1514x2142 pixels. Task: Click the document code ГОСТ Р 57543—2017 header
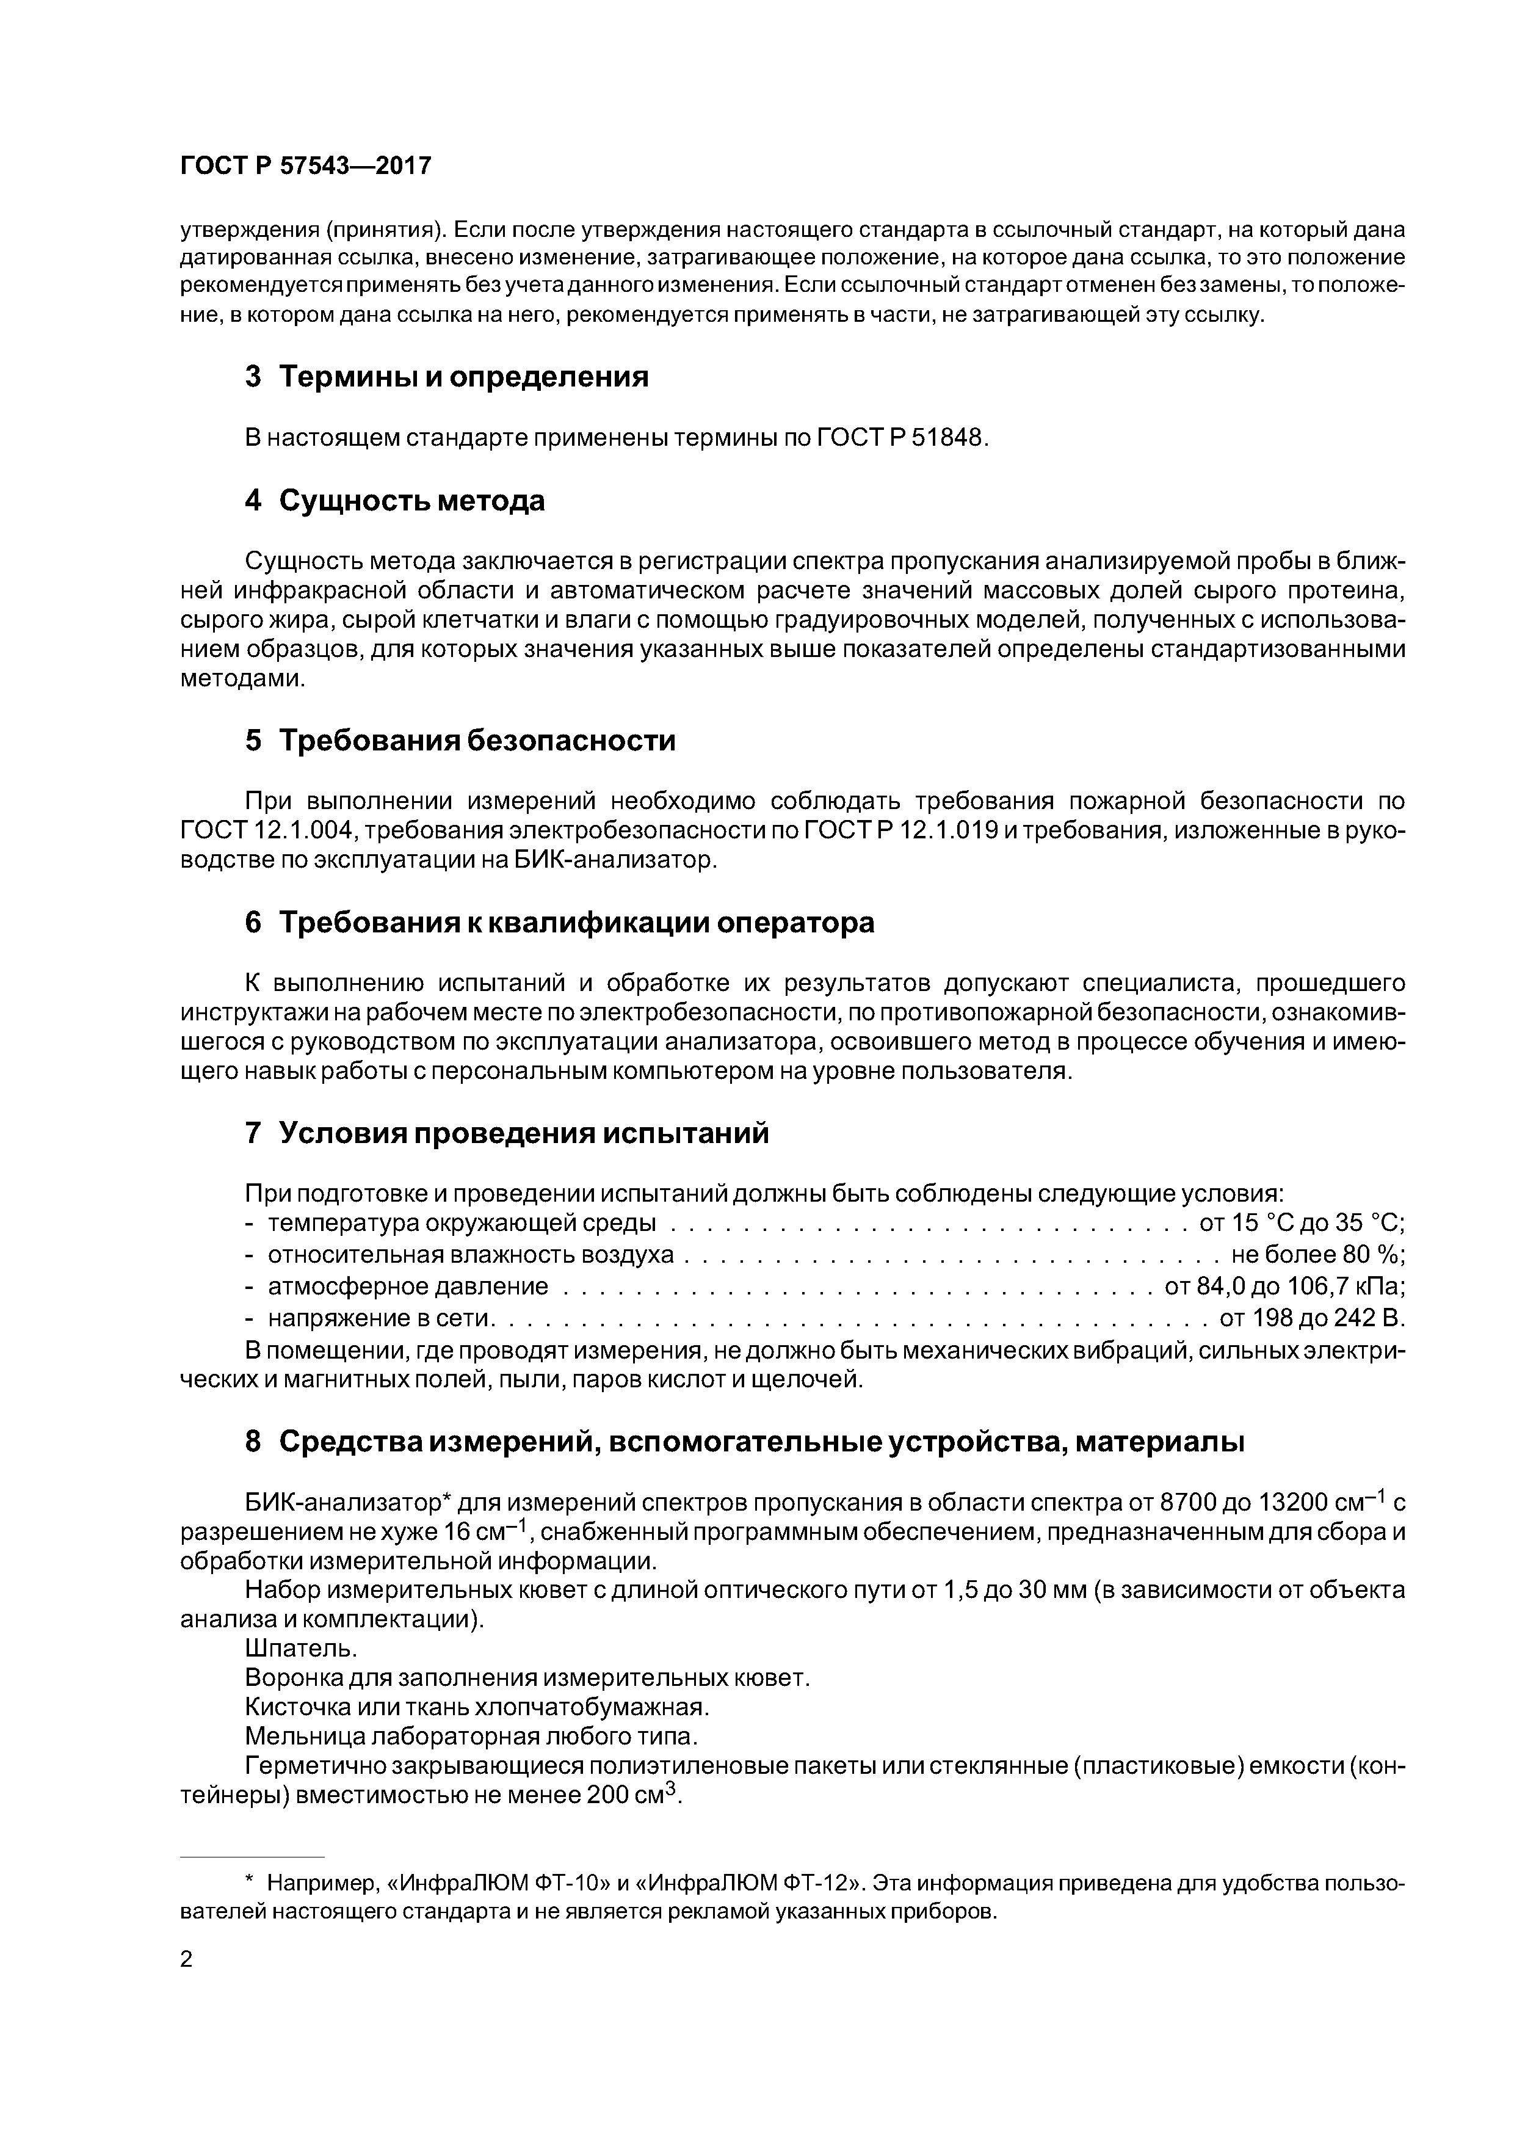click(305, 166)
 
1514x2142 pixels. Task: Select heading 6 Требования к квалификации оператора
click(560, 923)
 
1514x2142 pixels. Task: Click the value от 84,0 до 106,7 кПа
click(1284, 1287)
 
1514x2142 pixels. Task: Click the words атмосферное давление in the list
click(408, 1287)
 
